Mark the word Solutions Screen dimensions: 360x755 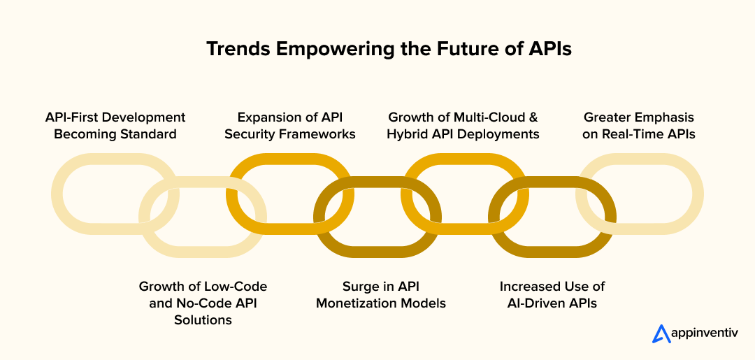[x=203, y=320]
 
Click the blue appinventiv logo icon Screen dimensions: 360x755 [x=661, y=334]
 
